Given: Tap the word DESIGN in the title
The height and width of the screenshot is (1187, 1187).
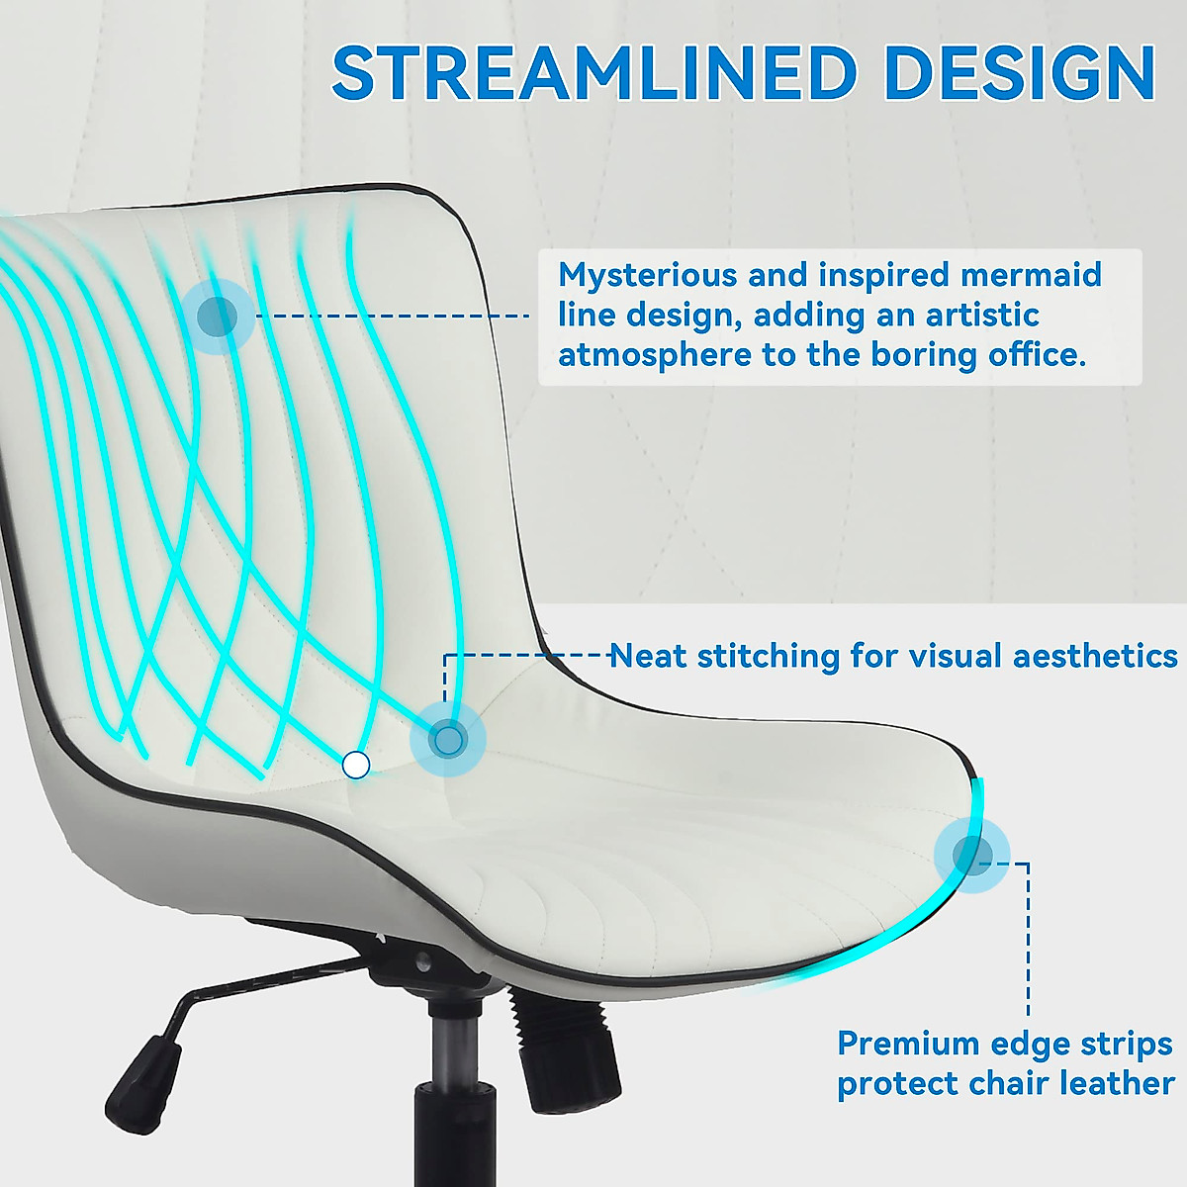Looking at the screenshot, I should click(x=1020, y=73).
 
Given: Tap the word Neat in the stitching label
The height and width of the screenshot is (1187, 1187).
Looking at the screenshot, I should click(x=648, y=656).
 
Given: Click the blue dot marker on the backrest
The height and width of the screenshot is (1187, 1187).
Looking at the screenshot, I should click(x=218, y=318).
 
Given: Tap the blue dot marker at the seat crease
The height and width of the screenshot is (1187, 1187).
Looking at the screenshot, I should click(x=448, y=738).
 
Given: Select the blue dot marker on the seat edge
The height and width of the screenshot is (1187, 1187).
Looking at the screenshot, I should click(x=971, y=856).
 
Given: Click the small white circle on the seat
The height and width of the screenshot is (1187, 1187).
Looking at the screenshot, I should click(x=355, y=765).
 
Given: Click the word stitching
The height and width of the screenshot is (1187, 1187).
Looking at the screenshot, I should click(x=768, y=656).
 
